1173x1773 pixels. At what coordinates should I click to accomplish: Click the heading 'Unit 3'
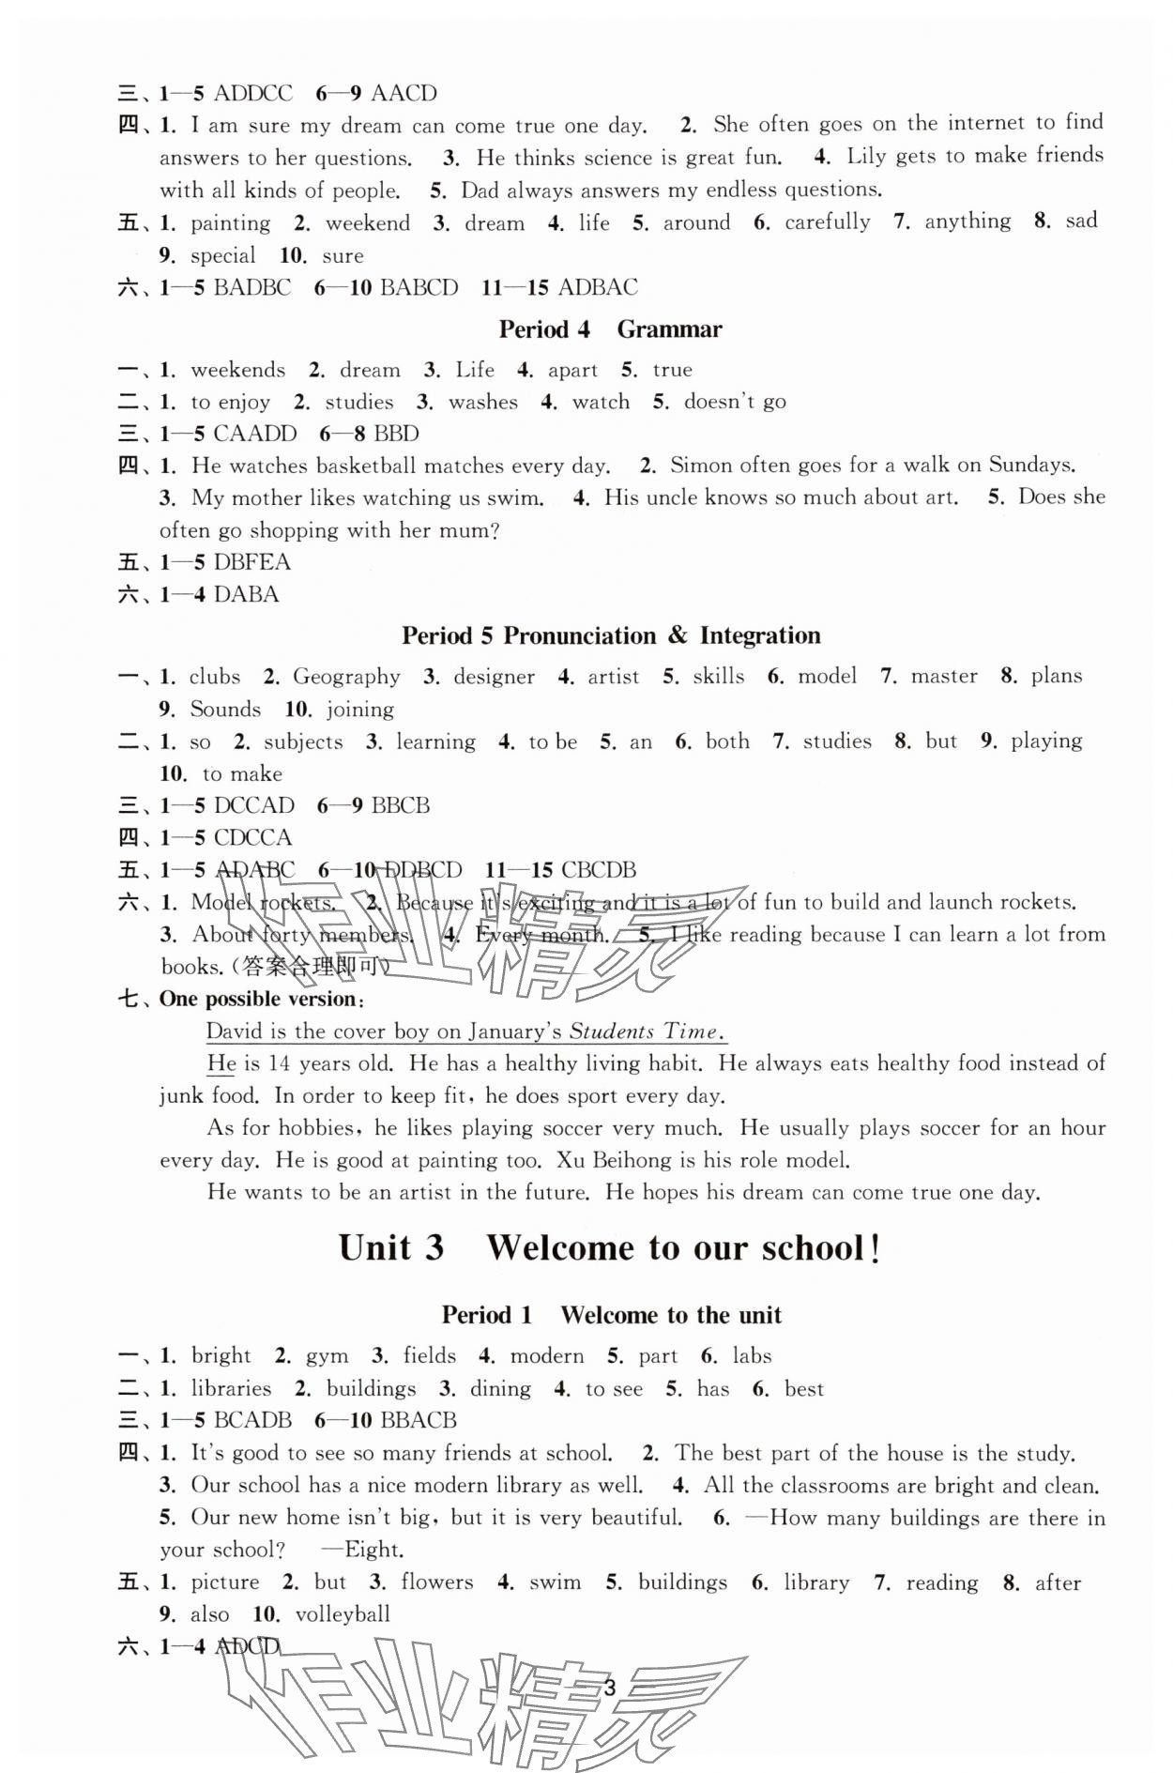pos(390,1248)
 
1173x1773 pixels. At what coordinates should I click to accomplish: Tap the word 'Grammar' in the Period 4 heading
pos(669,329)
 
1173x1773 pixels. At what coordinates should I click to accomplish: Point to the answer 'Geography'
pos(346,677)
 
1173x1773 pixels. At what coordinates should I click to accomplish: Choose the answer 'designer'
pos(494,677)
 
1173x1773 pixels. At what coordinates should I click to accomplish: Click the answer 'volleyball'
pos(343,1614)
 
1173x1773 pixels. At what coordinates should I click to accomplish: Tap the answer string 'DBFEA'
pos(251,562)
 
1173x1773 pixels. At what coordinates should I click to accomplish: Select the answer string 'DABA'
pos(246,594)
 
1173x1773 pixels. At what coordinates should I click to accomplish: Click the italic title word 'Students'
pos(612,1031)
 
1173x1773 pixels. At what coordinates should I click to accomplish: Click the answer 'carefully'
pos(827,222)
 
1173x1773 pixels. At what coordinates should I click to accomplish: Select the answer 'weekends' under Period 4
pos(237,370)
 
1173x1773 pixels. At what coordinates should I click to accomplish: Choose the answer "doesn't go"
pos(735,402)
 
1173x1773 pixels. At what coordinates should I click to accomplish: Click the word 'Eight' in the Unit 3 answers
pos(373,1550)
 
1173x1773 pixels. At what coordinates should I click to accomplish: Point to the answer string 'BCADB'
pos(252,1420)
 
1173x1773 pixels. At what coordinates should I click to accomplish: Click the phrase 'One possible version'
pos(257,999)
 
